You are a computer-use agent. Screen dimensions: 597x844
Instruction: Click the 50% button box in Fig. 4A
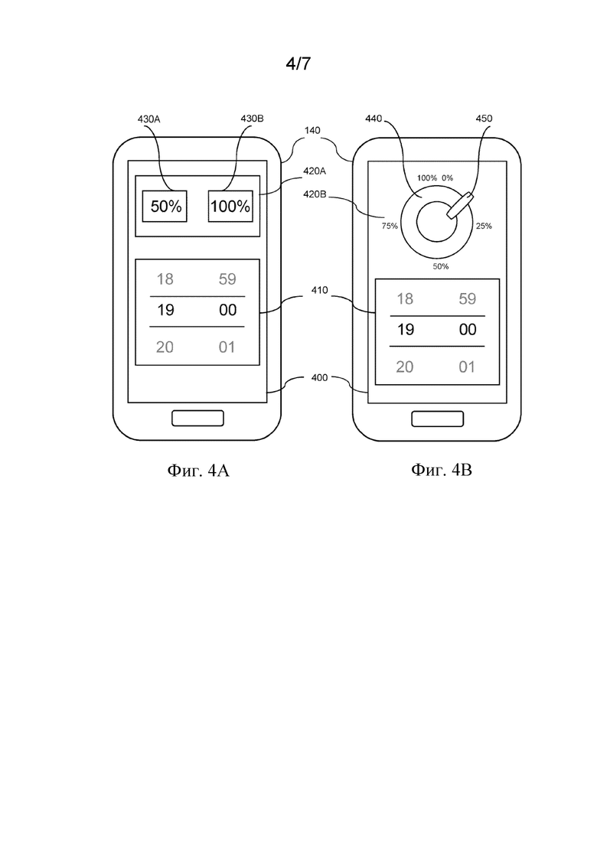(x=165, y=206)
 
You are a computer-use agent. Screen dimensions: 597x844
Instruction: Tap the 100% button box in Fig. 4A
(x=230, y=206)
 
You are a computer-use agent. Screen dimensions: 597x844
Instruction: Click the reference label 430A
(x=148, y=119)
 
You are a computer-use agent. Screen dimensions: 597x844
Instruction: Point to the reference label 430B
(x=252, y=119)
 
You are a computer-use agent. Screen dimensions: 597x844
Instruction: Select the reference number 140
(x=312, y=130)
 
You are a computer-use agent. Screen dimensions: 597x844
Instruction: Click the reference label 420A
(x=315, y=171)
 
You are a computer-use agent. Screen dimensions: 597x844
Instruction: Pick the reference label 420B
(x=315, y=194)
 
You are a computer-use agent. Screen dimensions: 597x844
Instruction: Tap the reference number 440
(x=373, y=119)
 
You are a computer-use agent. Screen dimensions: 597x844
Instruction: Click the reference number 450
(x=484, y=119)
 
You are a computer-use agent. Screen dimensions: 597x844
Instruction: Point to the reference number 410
(x=319, y=290)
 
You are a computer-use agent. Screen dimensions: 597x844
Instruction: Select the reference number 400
(x=319, y=378)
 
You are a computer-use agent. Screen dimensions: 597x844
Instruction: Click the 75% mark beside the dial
(x=390, y=226)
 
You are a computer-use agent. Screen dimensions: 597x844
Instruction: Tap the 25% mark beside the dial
(x=484, y=226)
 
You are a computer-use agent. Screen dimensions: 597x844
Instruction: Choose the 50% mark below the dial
(x=441, y=266)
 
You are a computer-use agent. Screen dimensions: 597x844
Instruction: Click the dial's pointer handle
(x=460, y=206)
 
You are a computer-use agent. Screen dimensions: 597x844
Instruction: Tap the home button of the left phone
(x=197, y=419)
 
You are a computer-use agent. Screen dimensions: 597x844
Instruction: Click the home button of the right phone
(x=438, y=419)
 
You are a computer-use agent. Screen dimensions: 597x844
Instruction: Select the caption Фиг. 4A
(x=198, y=471)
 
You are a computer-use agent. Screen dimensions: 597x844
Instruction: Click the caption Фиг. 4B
(x=442, y=470)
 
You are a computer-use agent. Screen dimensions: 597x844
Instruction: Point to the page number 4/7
(x=298, y=64)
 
